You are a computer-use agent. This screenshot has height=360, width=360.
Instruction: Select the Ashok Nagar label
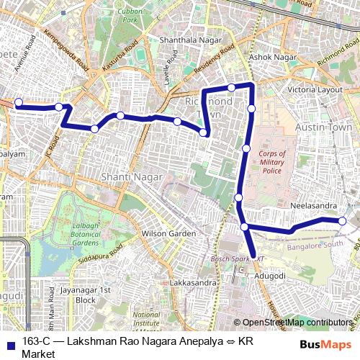(268, 56)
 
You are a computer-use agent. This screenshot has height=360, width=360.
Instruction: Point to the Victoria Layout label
(315, 89)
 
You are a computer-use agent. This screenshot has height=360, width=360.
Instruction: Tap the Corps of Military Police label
(272, 162)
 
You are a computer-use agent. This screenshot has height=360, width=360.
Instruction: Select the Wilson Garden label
(168, 234)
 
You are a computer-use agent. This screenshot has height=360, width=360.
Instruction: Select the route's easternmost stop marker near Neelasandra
(343, 221)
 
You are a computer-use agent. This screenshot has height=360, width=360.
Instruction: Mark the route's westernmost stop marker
(19, 102)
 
